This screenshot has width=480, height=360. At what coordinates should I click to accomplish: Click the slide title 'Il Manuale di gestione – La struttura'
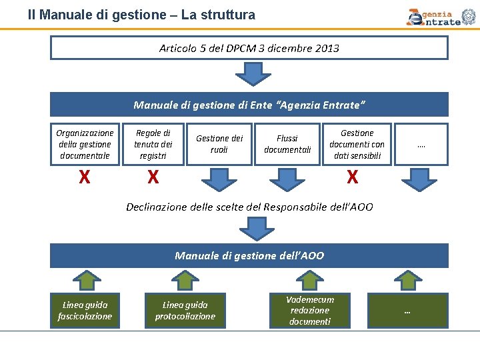pos(141,14)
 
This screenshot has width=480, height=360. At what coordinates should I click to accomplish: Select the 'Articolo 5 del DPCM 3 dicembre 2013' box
pos(249,48)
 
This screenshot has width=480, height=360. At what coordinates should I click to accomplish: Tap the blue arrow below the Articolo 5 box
pos(249,73)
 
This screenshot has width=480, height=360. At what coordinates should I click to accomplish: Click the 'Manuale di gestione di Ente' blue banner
pos(249,105)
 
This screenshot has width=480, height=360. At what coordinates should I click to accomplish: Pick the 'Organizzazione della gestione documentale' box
pos(85,144)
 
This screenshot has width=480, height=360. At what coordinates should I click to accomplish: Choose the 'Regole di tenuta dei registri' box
pos(153,144)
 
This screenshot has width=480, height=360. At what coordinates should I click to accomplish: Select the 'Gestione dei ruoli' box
pos(219,144)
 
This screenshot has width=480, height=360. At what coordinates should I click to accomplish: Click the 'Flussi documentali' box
pos(287,144)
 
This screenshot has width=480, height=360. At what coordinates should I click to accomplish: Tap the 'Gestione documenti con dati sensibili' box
pos(357,144)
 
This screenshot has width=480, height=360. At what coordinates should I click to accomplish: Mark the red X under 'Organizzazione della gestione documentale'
pos(85,177)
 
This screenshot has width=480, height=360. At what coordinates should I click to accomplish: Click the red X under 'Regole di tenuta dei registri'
pos(153,177)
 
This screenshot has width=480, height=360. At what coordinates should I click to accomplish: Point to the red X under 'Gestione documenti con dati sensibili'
pos(352,177)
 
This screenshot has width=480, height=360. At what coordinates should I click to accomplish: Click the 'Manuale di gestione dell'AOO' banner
pos(249,255)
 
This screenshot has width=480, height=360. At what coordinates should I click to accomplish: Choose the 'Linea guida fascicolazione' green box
pos(85,311)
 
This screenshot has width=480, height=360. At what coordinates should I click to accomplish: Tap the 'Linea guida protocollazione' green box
pos(185,311)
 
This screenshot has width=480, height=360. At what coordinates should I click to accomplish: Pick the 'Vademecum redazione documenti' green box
pos(309,311)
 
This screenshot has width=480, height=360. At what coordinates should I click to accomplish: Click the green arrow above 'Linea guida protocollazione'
pos(185,280)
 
